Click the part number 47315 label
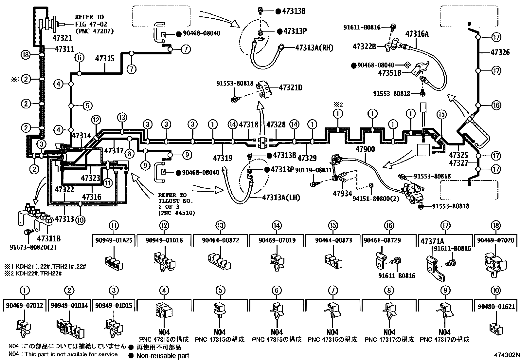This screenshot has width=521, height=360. (105, 59)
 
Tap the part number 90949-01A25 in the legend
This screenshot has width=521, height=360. (114, 240)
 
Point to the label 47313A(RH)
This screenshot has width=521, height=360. (314, 48)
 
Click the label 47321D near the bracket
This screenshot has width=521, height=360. (291, 88)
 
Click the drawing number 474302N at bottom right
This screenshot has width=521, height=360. (507, 355)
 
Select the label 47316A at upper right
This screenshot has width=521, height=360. (417, 34)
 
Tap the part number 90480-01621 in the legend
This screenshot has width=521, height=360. (496, 307)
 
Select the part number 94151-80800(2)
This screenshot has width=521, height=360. (376, 199)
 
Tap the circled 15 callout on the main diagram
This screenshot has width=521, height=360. (441, 114)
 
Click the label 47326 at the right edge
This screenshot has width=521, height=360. (500, 52)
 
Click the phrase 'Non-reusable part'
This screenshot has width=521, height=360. (163, 355)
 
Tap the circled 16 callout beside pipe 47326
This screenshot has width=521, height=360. (496, 105)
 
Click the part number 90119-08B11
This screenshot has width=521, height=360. (313, 170)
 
